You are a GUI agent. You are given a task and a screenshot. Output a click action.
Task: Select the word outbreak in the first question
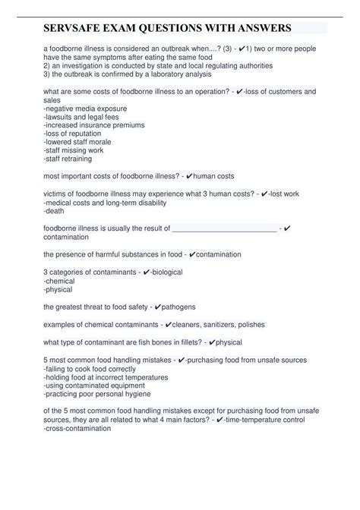[162, 47]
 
